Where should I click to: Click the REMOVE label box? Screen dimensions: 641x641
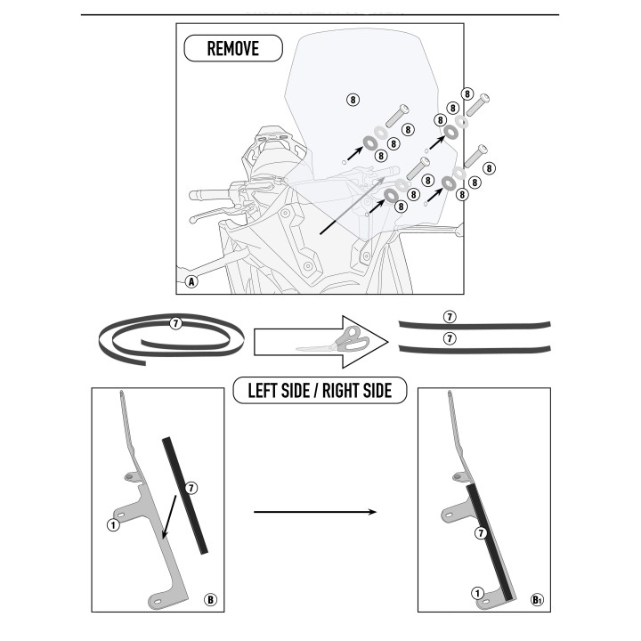pos(233,48)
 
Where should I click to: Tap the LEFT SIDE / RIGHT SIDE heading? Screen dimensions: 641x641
pos(320,391)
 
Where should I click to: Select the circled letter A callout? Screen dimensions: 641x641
pos(191,281)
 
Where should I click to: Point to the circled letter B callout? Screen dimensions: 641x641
pos(210,600)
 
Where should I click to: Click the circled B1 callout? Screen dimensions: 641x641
pos(537,600)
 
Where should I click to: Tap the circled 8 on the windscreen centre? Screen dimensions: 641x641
pos(353,100)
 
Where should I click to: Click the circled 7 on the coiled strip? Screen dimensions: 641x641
pos(175,323)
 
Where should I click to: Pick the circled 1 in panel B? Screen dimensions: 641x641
pos(113,525)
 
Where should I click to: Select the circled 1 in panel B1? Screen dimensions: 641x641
pos(477,593)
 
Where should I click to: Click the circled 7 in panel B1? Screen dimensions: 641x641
pos(481,533)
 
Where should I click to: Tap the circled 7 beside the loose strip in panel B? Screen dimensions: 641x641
pos(191,488)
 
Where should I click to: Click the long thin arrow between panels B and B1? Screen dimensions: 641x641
pos(315,512)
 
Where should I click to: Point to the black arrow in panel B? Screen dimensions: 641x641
pos(169,517)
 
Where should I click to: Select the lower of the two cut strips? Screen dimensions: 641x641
pos(475,350)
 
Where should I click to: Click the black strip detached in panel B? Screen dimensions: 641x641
pos(185,496)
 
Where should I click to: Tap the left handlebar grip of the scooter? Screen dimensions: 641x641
pos(209,194)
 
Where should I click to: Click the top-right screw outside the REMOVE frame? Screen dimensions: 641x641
pos(478,104)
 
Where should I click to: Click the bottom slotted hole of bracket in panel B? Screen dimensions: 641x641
pos(158,601)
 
